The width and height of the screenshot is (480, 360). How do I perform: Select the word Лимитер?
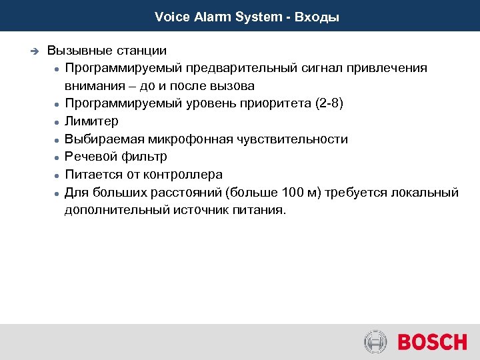[91, 121]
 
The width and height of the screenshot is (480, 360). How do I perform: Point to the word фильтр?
[145, 157]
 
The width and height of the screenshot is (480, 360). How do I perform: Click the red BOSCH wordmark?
[432, 343]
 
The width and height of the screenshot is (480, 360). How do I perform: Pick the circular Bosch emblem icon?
[375, 343]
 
